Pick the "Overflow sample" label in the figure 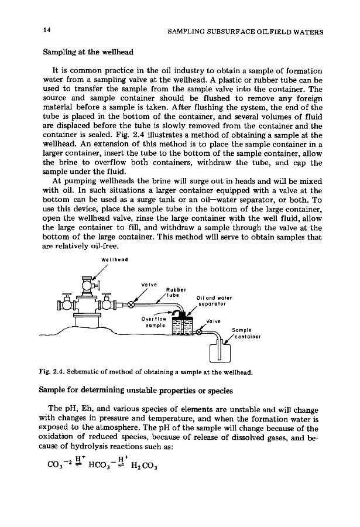pyautogui.click(x=155, y=323)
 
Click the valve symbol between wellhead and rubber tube pyautogui.click(x=133, y=305)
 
